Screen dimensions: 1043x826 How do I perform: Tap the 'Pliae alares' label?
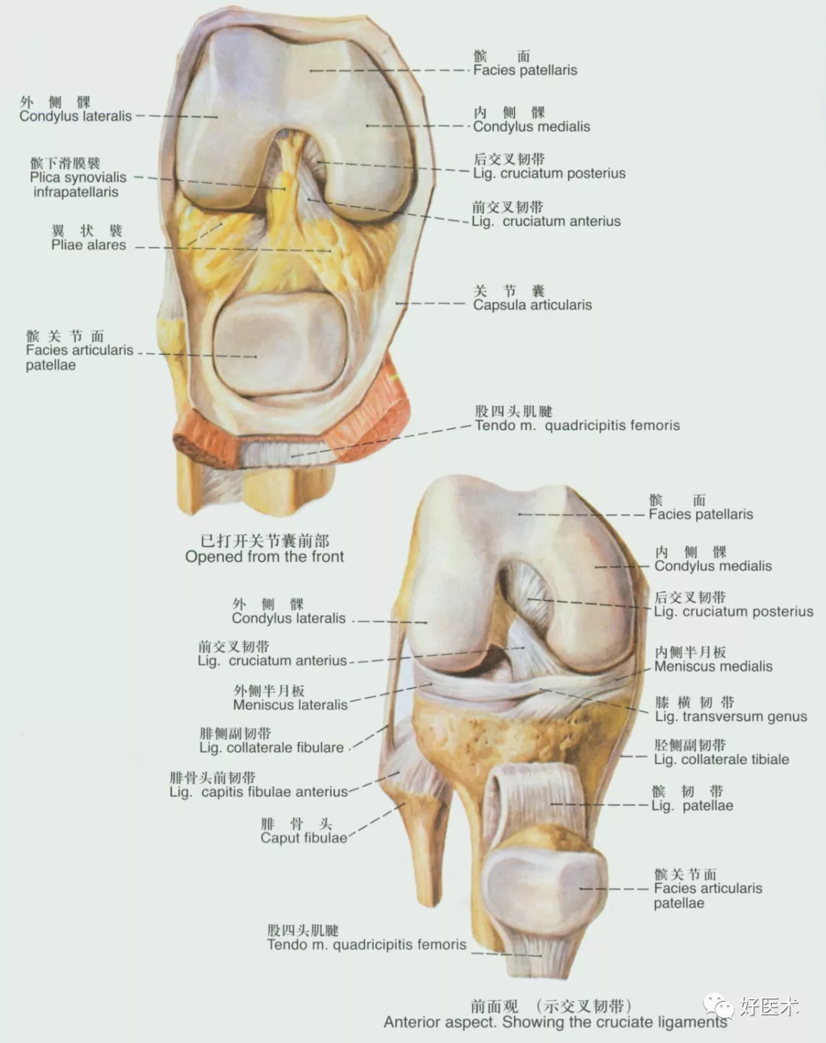click(x=89, y=245)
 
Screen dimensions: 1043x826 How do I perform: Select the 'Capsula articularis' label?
click(x=532, y=304)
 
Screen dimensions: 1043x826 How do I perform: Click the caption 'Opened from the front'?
click(x=265, y=557)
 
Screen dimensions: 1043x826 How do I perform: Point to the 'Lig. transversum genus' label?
click(x=730, y=716)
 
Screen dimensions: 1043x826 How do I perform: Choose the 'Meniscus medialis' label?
click(x=713, y=666)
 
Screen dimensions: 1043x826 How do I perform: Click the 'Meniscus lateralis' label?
click(x=290, y=704)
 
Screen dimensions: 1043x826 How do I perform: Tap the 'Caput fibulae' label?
click(x=303, y=837)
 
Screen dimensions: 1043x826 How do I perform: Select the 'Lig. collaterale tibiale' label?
click(x=721, y=759)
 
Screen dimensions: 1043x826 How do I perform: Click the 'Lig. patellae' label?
click(x=692, y=805)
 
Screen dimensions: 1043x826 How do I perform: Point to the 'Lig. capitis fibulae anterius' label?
click(x=259, y=791)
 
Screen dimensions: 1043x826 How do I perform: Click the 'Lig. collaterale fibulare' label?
click(x=272, y=747)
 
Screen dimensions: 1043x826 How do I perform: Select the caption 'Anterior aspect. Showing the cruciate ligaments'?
click(x=555, y=1022)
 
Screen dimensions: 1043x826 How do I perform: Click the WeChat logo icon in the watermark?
click(x=719, y=1005)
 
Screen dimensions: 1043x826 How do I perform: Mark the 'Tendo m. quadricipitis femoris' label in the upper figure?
click(x=577, y=425)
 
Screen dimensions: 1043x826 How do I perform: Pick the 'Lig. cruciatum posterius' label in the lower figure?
click(x=733, y=611)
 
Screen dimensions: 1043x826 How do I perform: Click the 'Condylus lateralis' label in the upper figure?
click(x=76, y=116)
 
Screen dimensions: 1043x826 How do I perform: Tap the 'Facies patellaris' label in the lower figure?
click(x=701, y=514)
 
